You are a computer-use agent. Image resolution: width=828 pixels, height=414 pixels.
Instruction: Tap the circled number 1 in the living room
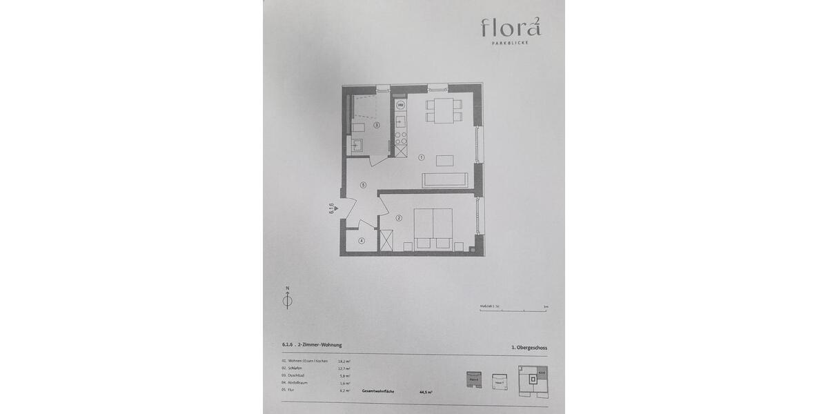[x=421, y=157]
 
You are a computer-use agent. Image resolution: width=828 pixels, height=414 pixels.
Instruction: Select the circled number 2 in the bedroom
[x=399, y=219]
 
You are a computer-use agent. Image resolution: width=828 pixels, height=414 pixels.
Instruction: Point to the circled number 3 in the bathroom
[x=377, y=126]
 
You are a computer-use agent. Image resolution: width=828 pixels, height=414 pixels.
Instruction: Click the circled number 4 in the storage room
[x=361, y=240]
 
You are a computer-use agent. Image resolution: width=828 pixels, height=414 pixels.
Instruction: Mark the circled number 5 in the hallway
[x=362, y=184]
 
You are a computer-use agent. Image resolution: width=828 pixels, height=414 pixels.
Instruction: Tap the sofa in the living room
[x=446, y=180]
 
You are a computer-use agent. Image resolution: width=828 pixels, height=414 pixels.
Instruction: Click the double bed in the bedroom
[x=433, y=228]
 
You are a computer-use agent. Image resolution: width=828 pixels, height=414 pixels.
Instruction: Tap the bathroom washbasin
[x=357, y=145]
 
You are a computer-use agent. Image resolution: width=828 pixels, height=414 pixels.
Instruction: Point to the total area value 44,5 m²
[x=425, y=392]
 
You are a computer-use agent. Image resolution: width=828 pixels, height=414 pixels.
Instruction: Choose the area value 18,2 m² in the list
[x=344, y=361]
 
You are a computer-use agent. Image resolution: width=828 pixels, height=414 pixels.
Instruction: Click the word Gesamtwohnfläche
[x=379, y=391]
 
